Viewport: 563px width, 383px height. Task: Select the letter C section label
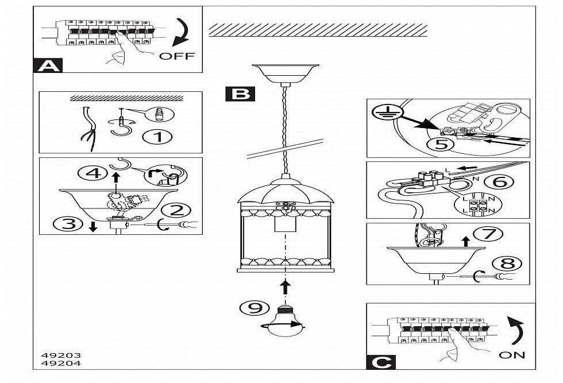[380, 362]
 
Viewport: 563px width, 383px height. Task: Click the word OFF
[176, 56]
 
